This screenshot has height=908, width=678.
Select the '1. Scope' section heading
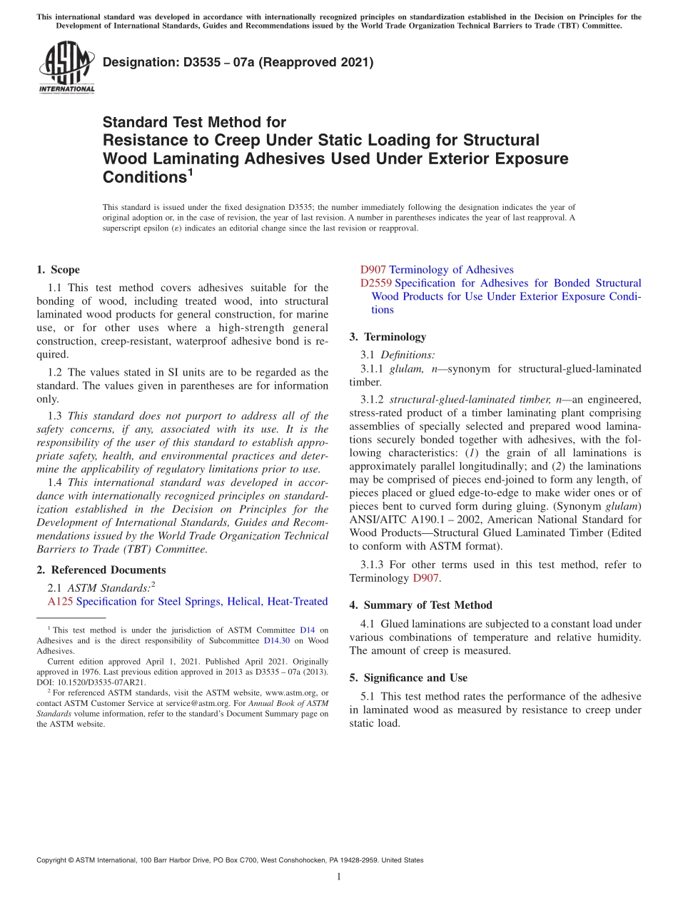(x=58, y=270)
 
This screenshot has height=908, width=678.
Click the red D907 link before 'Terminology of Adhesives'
(x=373, y=270)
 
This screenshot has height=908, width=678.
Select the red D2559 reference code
(x=376, y=283)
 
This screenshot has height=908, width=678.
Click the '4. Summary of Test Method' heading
(x=420, y=605)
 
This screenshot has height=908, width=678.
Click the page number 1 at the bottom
(x=339, y=877)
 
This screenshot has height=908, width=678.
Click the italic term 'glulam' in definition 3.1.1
(x=403, y=369)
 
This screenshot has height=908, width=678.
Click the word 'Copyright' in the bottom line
(x=53, y=860)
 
